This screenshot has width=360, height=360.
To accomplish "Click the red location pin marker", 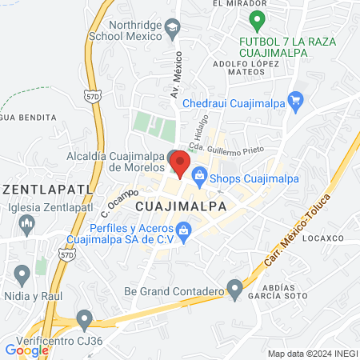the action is tap(180, 164).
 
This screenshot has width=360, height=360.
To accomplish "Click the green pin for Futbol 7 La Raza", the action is tap(256, 19).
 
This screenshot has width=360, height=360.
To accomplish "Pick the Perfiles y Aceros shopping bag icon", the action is tap(185, 231).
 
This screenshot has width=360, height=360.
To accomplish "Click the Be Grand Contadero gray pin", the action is tap(234, 287).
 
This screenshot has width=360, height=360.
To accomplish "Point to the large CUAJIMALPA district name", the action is tap(181, 206).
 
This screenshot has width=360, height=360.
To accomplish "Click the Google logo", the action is tap(26, 349).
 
